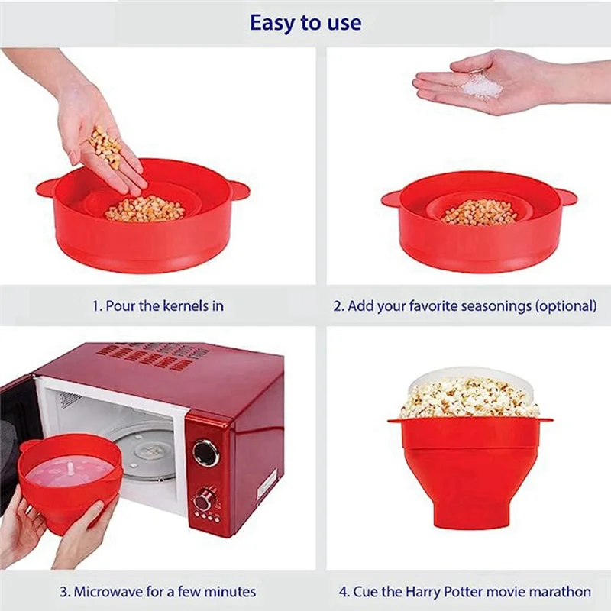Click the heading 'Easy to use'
tap(305, 23)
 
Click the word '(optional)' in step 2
tap(565, 305)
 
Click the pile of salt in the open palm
tap(481, 86)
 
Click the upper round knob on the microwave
tap(205, 452)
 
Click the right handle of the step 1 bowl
tap(238, 189)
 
